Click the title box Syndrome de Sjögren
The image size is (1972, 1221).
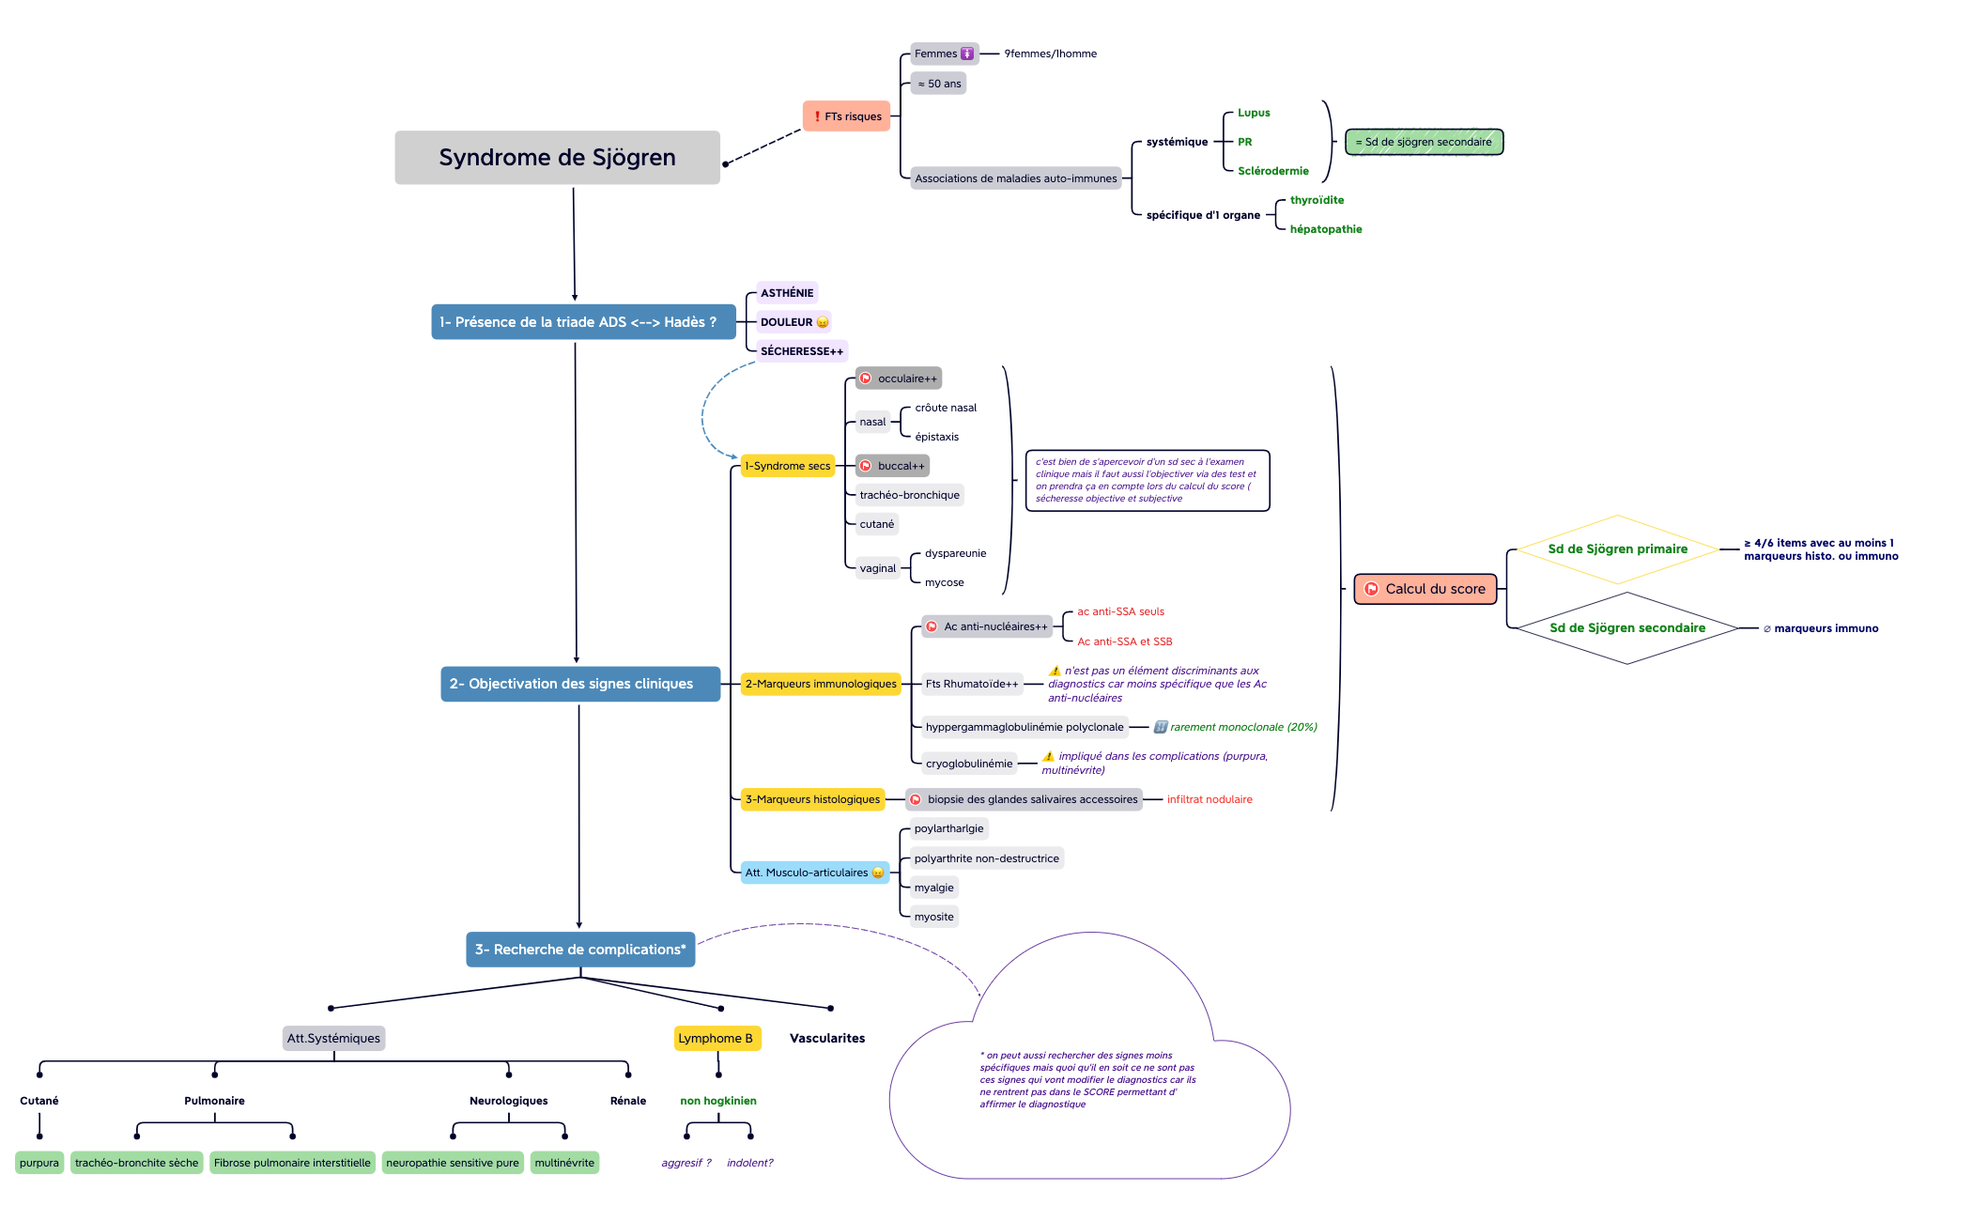coord(557,158)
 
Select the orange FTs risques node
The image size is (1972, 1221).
coord(846,116)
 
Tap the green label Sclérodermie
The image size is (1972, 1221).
coord(1272,171)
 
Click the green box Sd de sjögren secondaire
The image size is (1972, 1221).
coord(1424,142)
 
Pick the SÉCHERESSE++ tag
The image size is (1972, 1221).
coord(801,351)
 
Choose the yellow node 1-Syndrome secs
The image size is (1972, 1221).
coord(787,466)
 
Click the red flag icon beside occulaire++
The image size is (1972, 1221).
coord(866,379)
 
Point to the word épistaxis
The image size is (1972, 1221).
coord(936,437)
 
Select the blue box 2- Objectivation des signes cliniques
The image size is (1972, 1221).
coord(579,684)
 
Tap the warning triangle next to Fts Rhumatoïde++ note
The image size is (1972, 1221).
coord(1055,671)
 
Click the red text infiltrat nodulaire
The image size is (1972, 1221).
coord(1209,799)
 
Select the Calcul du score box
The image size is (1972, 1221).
coord(1425,589)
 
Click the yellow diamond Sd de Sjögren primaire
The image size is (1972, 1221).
coord(1617,549)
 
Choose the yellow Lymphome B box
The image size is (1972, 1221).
coord(716,1038)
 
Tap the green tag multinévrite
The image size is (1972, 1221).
coord(564,1163)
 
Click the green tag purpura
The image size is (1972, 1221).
coord(39,1163)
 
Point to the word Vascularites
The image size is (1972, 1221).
coord(827,1038)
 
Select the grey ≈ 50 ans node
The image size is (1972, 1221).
coord(939,84)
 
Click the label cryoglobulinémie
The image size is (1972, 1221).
coord(969,764)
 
